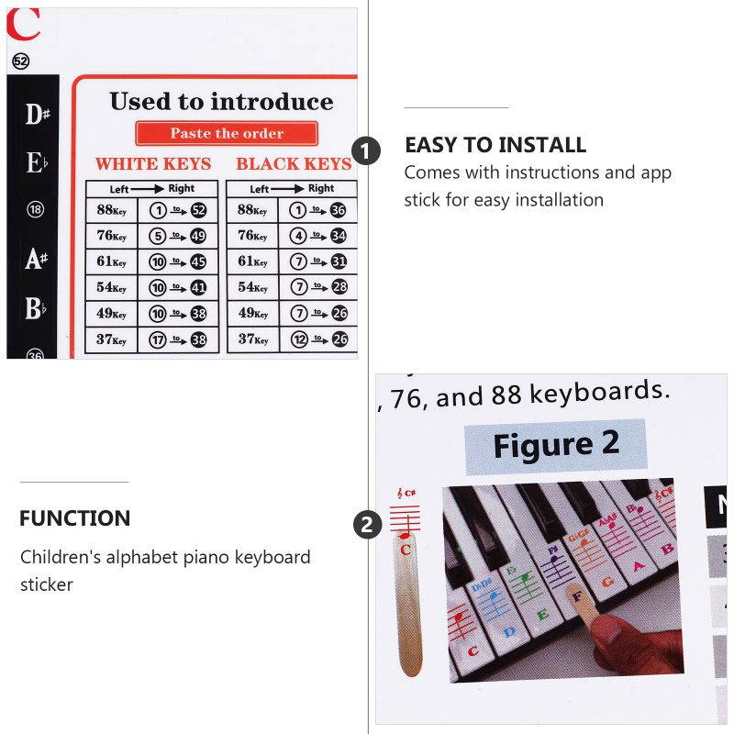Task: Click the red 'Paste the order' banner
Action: pyautogui.click(x=227, y=133)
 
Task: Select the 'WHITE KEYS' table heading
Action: pyautogui.click(x=153, y=164)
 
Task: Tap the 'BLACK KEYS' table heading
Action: pyautogui.click(x=294, y=164)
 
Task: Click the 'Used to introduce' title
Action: pyautogui.click(x=221, y=101)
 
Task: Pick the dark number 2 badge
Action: pyautogui.click(x=367, y=525)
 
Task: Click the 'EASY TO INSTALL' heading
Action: pyautogui.click(x=495, y=145)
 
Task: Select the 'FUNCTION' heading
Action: pyautogui.click(x=75, y=518)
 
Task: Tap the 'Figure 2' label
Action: pyautogui.click(x=556, y=445)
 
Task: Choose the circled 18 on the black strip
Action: pyautogui.click(x=36, y=210)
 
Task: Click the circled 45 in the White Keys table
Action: pyautogui.click(x=198, y=261)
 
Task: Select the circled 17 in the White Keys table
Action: pyautogui.click(x=158, y=339)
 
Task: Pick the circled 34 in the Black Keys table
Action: pyautogui.click(x=339, y=236)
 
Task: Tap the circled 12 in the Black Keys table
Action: pyautogui.click(x=298, y=339)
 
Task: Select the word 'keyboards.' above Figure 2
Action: pyautogui.click(x=596, y=393)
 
